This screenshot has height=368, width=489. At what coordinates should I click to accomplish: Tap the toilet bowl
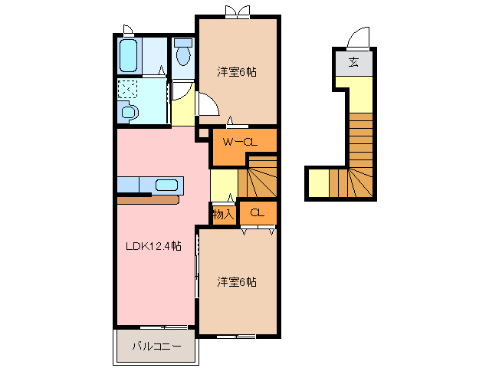click(182, 54)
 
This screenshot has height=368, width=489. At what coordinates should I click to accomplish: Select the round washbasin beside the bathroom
click(129, 113)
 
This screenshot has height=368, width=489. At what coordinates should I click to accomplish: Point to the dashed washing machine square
click(127, 89)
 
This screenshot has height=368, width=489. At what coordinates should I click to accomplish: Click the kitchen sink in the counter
click(166, 185)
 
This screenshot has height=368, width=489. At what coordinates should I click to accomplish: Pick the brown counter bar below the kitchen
click(148, 200)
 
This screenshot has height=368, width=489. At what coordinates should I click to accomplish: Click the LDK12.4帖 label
click(153, 246)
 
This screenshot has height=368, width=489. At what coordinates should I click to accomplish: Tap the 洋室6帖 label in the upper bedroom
click(236, 72)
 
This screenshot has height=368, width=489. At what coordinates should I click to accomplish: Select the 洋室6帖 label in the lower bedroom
click(236, 281)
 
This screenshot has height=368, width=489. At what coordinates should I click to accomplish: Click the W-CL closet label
click(238, 142)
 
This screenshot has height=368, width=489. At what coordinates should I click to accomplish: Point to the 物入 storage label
click(223, 214)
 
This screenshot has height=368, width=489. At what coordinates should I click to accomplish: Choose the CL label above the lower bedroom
click(257, 212)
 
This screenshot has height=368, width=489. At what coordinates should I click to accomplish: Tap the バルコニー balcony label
click(156, 347)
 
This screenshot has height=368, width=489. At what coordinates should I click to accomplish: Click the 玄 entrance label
click(353, 62)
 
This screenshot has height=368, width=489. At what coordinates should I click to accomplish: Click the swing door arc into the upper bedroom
click(206, 104)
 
